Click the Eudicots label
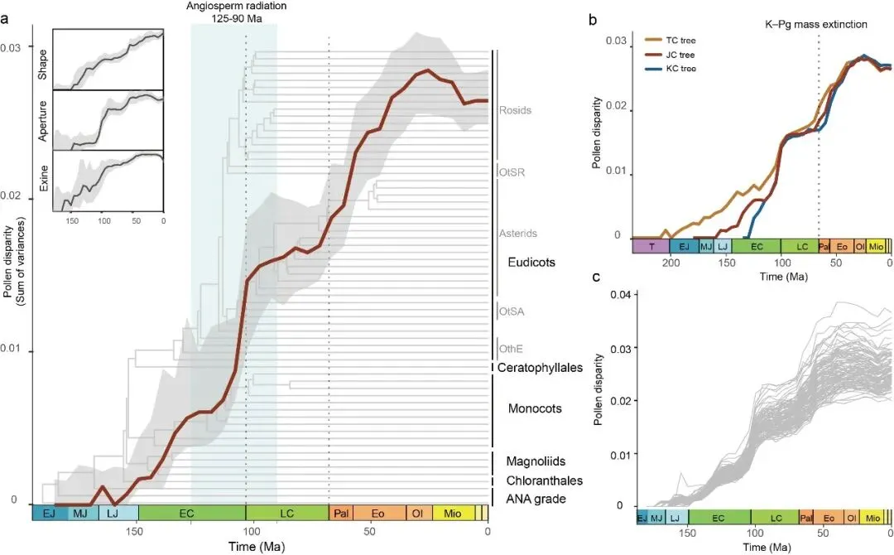[x=531, y=262]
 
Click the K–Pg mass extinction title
[x=815, y=24]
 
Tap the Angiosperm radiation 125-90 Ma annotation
[x=234, y=12]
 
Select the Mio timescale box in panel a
[x=452, y=514]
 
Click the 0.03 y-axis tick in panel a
[x=12, y=48]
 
